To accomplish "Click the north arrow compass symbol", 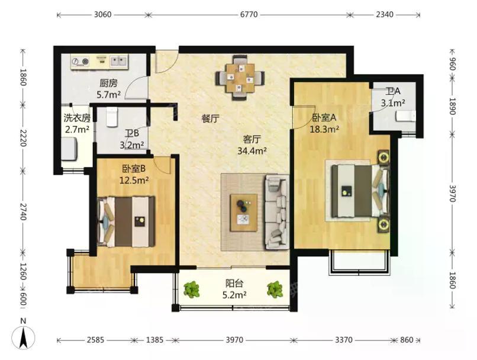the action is [x=23, y=337].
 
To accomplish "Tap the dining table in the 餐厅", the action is [x=240, y=78].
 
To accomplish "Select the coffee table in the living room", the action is [x=244, y=213].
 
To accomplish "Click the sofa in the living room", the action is [x=276, y=212].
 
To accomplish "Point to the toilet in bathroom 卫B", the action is [x=112, y=117].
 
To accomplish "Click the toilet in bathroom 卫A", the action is [x=405, y=116].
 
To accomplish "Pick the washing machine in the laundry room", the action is [x=70, y=149].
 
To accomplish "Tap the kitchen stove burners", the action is [x=80, y=62].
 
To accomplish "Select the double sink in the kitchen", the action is [x=118, y=61].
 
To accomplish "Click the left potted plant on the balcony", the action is [x=192, y=290].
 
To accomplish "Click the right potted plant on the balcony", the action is [x=275, y=290].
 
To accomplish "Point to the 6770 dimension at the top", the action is [x=249, y=14].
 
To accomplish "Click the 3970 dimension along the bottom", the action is [x=234, y=340].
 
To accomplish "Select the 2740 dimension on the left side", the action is [x=23, y=211].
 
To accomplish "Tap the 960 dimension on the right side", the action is [x=452, y=63].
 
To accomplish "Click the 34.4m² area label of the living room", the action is [x=252, y=150].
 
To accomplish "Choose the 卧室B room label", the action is [x=134, y=168].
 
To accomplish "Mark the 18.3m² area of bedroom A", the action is [x=324, y=129].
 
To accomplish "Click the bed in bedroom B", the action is [x=126, y=221].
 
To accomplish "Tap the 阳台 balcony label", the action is [x=234, y=284].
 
